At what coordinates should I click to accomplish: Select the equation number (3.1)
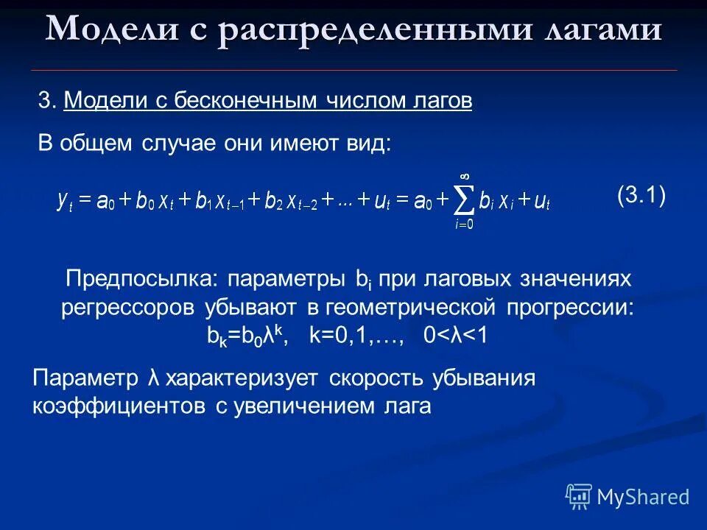point(641,196)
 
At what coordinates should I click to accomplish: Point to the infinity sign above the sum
point(465,176)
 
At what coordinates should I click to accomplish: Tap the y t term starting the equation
point(64,201)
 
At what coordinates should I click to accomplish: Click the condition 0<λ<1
point(456,335)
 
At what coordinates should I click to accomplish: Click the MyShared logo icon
point(579,497)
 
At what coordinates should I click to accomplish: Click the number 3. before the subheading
point(47,102)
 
